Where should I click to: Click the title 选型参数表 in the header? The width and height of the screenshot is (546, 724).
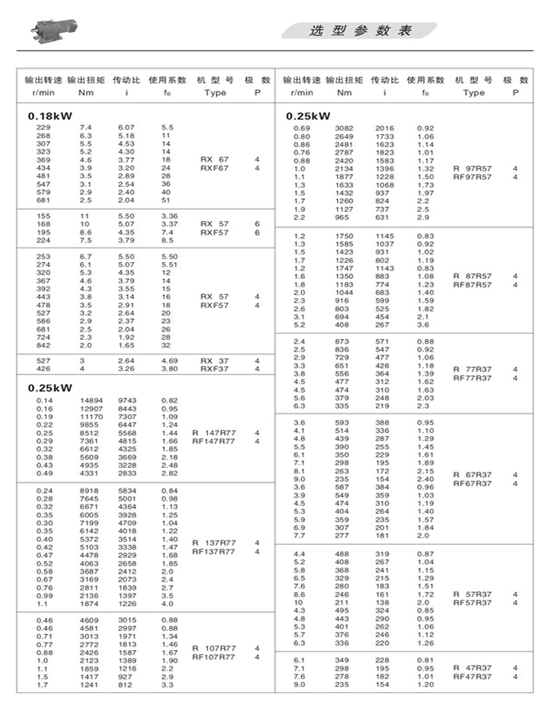coord(361,31)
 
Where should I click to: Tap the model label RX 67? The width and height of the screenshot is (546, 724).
coord(215,159)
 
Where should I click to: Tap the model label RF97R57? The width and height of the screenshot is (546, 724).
coord(473,177)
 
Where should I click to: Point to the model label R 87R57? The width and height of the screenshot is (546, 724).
coord(473,276)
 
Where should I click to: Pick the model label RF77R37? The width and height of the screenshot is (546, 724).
coord(473,377)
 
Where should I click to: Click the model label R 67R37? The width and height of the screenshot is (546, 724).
coord(473,474)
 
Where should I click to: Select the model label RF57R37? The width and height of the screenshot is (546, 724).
coord(473,602)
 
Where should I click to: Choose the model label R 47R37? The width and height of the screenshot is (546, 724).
coord(473,667)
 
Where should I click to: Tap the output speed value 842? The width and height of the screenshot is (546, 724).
coord(43,345)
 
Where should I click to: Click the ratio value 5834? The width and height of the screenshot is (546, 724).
coord(126,490)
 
